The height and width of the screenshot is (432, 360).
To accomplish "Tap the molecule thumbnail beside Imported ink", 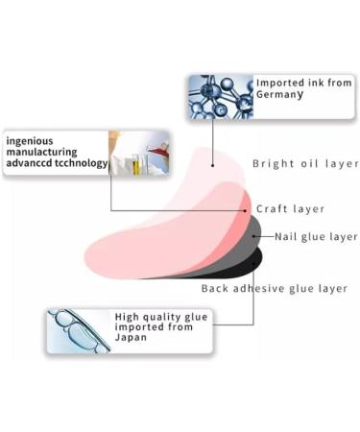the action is click(x=219, y=96).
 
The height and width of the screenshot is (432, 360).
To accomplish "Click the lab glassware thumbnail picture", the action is click(x=139, y=153).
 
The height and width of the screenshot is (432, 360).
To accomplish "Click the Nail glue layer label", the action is click(x=316, y=237).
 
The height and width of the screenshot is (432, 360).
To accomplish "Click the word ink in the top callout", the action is click(x=319, y=84).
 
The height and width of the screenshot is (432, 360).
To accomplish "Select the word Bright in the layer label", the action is click(x=272, y=163).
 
